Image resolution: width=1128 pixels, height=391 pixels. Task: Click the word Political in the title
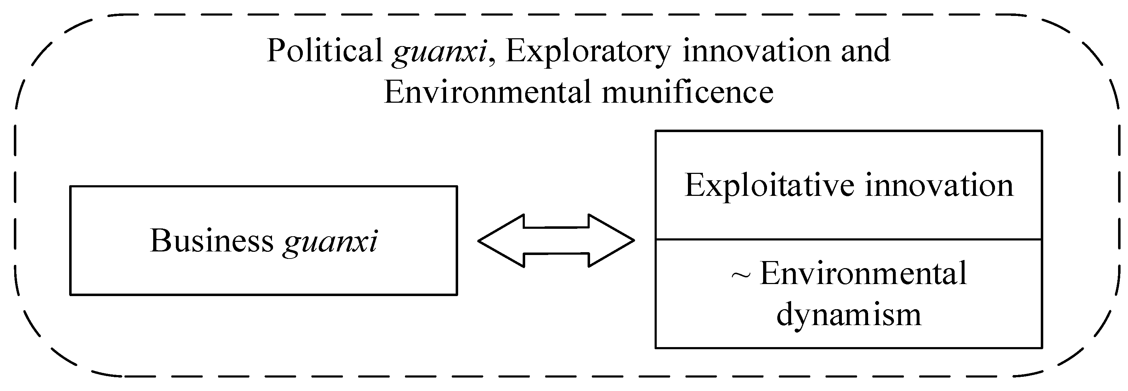325,51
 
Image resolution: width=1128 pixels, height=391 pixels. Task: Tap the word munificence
688,93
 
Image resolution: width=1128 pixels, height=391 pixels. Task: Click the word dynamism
849,314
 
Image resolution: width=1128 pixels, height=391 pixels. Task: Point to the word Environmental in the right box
863,274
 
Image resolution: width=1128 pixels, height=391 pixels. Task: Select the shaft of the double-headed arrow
556,240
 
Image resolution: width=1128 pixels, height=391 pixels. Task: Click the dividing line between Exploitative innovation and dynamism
848,239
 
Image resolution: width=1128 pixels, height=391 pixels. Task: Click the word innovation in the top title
757,51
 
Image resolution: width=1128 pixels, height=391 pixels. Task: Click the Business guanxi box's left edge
71,240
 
